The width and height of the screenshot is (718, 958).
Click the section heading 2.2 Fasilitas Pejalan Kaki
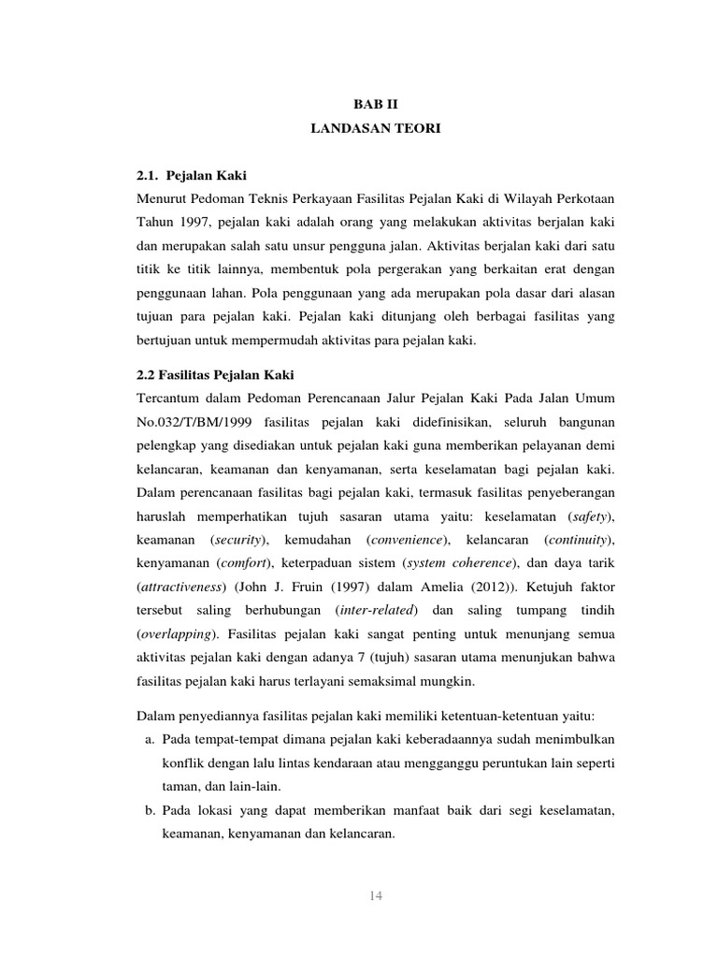point(215,375)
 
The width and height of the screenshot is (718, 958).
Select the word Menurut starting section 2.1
point(165,198)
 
